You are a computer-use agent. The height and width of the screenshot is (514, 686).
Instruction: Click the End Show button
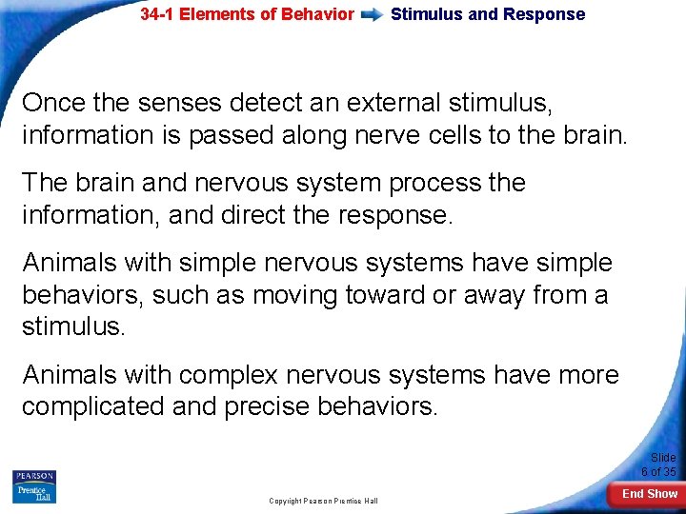click(649, 494)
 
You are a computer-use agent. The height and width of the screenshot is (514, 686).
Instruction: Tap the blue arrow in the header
click(373, 15)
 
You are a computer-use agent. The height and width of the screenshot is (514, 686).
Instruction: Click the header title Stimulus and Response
click(488, 14)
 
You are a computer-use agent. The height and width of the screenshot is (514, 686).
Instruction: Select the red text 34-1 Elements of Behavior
click(247, 14)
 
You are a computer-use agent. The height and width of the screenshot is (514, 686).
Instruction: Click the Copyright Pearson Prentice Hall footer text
click(323, 501)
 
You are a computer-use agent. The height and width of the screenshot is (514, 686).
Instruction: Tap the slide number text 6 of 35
click(658, 472)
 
